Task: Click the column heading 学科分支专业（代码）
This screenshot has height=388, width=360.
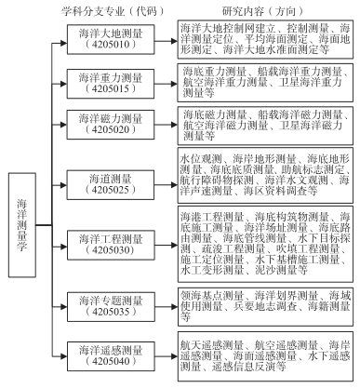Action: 115,8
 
